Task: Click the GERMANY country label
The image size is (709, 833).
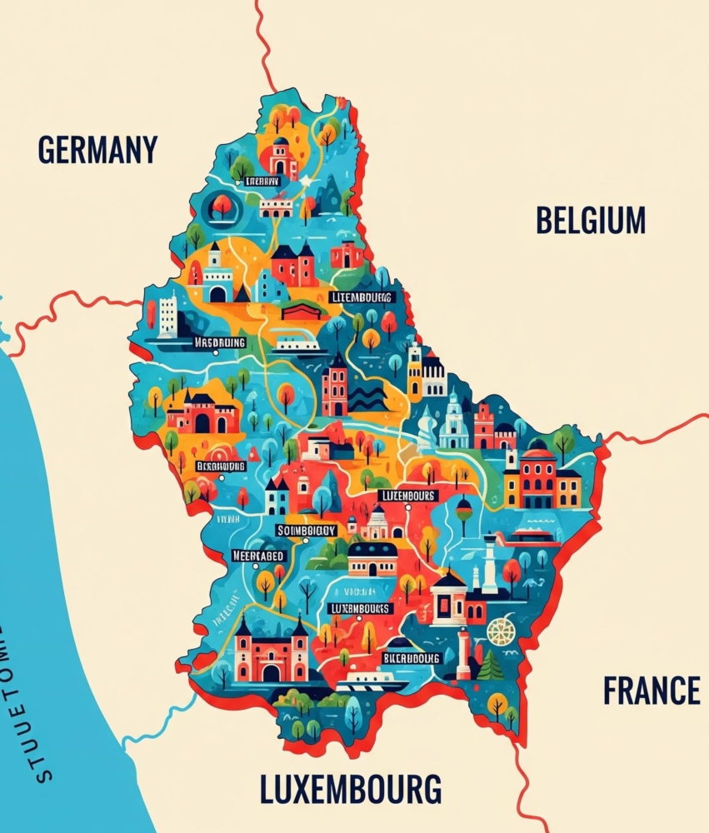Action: pyautogui.click(x=97, y=150)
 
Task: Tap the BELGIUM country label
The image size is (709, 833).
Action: pyautogui.click(x=590, y=221)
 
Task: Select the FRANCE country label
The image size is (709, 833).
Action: pyautogui.click(x=651, y=691)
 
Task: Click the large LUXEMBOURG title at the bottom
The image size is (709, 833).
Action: pyautogui.click(x=350, y=788)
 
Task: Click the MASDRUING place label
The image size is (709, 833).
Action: pyautogui.click(x=220, y=342)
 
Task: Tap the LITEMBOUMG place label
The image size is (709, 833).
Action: pyautogui.click(x=361, y=297)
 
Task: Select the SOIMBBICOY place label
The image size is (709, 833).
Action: pyautogui.click(x=306, y=530)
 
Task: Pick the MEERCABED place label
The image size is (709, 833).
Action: pyautogui.click(x=257, y=556)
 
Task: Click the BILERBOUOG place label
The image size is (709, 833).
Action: pyautogui.click(x=410, y=657)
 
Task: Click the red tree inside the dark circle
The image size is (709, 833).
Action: pyautogui.click(x=222, y=204)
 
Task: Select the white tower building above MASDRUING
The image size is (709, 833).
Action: pyautogui.click(x=167, y=316)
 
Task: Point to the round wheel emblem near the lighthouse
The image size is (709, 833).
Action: pyautogui.click(x=501, y=631)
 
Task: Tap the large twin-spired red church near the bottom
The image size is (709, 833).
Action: pyautogui.click(x=271, y=651)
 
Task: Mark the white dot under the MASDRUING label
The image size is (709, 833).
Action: pyautogui.click(x=216, y=352)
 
